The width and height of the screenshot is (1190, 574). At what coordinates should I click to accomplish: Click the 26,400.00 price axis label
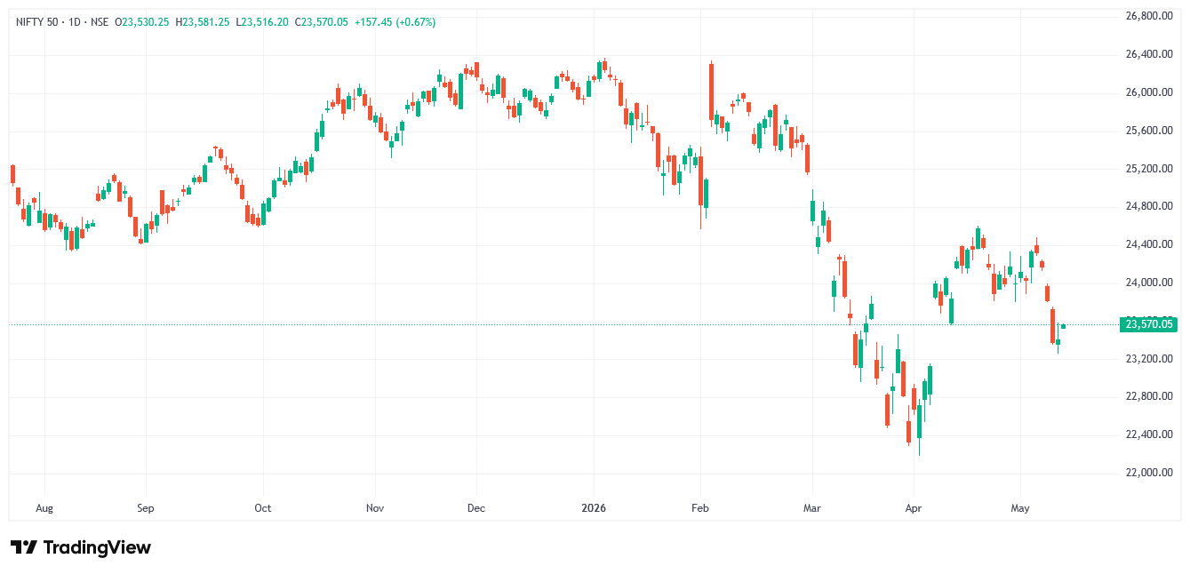pos(1149,54)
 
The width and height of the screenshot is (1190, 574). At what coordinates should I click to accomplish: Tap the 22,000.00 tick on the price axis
pos(1149,473)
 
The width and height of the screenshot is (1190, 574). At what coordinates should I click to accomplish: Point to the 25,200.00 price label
pos(1149,169)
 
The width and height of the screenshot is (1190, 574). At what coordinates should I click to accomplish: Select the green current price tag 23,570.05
pos(1148,324)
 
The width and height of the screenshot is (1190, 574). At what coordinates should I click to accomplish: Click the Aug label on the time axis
pos(44,508)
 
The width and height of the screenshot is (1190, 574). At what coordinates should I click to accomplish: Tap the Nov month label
pos(375,508)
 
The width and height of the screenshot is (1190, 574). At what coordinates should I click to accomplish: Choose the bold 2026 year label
pos(594,508)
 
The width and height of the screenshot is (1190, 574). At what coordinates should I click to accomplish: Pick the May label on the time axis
pos(1020,508)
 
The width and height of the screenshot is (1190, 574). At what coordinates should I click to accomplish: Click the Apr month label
pos(914,508)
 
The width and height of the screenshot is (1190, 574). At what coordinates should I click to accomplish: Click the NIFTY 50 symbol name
pos(37,22)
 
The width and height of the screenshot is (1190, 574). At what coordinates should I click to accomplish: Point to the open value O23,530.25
pos(142,22)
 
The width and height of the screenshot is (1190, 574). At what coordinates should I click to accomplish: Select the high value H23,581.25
pos(203,22)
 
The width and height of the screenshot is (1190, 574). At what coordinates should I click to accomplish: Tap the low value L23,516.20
pos(262,22)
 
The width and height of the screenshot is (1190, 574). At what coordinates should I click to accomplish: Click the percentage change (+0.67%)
pos(415,22)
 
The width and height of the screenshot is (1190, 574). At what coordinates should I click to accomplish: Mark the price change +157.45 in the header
pos(373,22)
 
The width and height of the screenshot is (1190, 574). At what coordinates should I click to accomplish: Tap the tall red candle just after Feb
pos(711,92)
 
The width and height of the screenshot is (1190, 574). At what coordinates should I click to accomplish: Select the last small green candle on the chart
pos(1063,326)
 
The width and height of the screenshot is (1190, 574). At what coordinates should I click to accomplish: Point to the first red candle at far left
pos(12,175)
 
